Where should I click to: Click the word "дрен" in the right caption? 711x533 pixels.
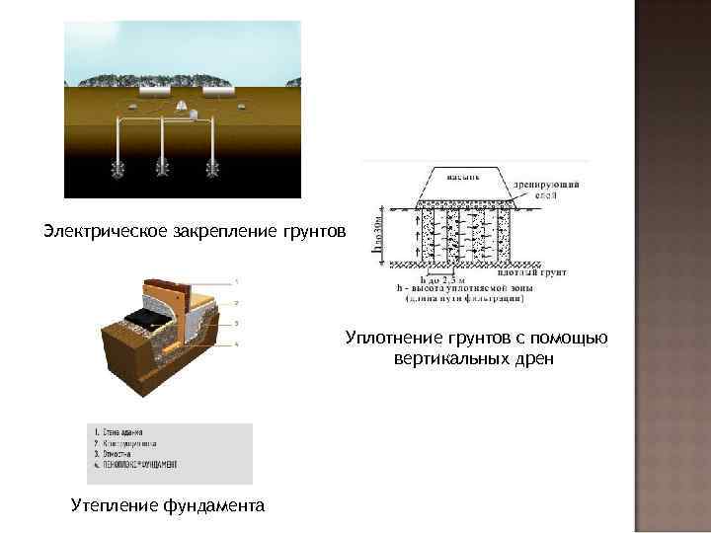click(x=534, y=358)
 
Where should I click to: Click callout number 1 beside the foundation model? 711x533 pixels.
click(x=236, y=280)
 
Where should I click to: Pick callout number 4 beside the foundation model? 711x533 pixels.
click(x=236, y=343)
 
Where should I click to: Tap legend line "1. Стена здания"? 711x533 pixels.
click(x=118, y=432)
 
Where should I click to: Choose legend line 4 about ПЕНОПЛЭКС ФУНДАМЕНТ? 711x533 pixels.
click(x=135, y=463)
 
